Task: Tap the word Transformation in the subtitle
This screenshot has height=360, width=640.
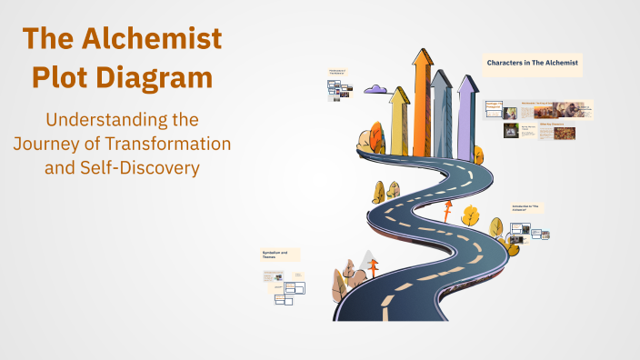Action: (171, 144)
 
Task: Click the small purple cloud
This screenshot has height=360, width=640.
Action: (375, 91)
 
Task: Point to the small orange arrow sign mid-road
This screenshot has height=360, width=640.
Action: (447, 210)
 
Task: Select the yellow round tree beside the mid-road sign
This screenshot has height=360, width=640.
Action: (470, 215)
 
